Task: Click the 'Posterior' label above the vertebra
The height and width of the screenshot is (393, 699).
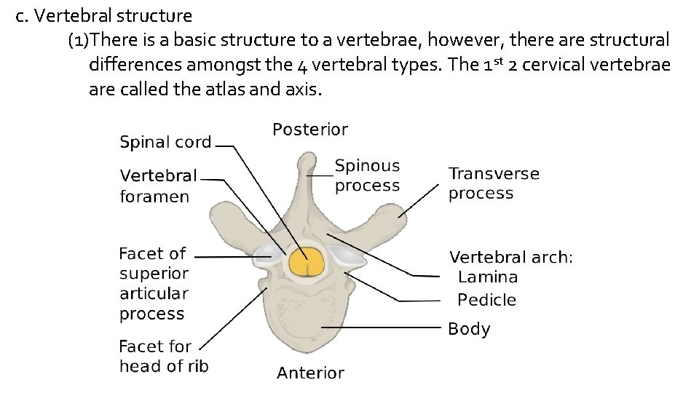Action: [x=310, y=130]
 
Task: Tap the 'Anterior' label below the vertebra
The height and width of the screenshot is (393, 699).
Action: [x=310, y=373]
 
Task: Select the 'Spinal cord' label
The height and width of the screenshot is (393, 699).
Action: [x=165, y=143]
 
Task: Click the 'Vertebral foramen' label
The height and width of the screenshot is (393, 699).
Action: [x=158, y=186]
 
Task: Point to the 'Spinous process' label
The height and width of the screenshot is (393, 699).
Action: [x=367, y=176]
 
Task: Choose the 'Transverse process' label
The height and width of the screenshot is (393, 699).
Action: [x=494, y=183]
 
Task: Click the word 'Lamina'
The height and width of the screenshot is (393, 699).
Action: [x=488, y=277]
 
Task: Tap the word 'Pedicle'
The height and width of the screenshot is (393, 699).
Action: [x=486, y=300]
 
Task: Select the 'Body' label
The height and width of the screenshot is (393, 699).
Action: [x=469, y=329]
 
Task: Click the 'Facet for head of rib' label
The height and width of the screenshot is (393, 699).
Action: [x=164, y=356]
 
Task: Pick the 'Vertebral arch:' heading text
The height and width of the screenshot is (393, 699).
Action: [x=511, y=257]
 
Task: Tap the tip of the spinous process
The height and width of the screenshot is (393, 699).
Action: [x=307, y=159]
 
